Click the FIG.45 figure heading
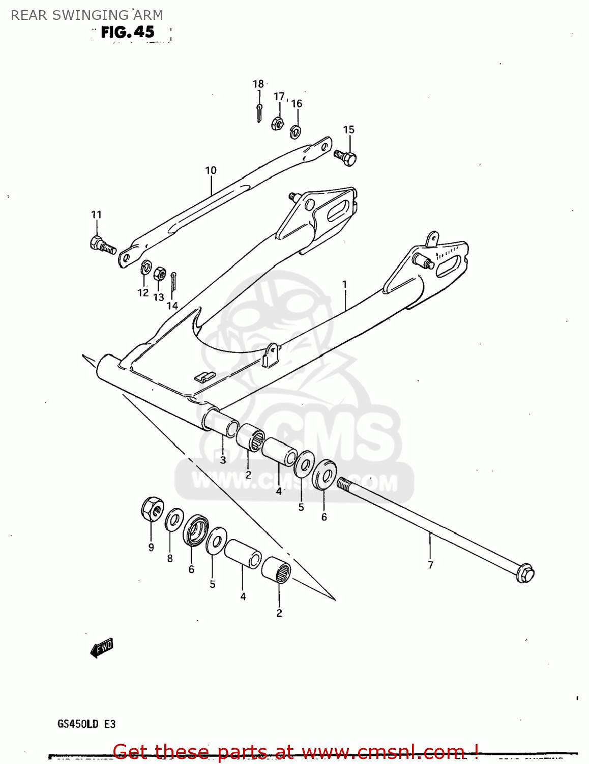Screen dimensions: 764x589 pyautogui.click(x=128, y=32)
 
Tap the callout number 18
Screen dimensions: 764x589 pyautogui.click(x=258, y=84)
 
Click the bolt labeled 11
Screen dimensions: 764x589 pyautogui.click(x=101, y=245)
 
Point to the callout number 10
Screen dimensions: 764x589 pyautogui.click(x=211, y=171)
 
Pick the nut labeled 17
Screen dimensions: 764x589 pyautogui.click(x=277, y=123)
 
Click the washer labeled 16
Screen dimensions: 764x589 pyautogui.click(x=295, y=132)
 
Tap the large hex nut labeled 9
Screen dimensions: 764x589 pyautogui.click(x=152, y=509)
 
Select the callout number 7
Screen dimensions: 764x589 pyautogui.click(x=431, y=565)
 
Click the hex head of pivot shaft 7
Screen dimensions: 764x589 pyautogui.click(x=525, y=574)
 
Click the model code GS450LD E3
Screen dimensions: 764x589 pyautogui.click(x=86, y=724)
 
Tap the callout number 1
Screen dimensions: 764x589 pyautogui.click(x=344, y=284)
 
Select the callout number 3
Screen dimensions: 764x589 pyautogui.click(x=223, y=460)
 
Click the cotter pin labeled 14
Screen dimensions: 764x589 pyautogui.click(x=173, y=282)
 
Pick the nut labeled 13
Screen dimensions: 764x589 pyautogui.click(x=159, y=274)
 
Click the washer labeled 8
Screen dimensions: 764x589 pyautogui.click(x=174, y=520)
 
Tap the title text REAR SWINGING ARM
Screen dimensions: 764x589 pyautogui.click(x=87, y=15)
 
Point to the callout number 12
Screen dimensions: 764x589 pyautogui.click(x=143, y=293)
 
